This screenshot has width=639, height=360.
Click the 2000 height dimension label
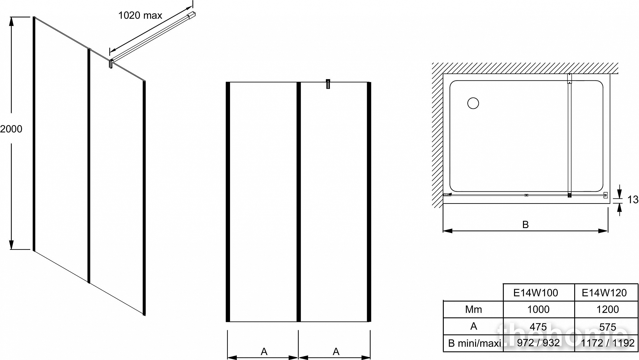click(x=11, y=129)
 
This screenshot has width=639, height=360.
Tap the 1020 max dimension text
click(x=140, y=15)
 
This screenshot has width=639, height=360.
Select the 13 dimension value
click(x=633, y=200)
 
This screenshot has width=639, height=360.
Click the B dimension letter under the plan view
click(x=526, y=225)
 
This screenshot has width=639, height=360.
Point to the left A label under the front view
click(x=264, y=352)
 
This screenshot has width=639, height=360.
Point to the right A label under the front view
click(x=336, y=352)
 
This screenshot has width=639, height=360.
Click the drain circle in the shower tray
click(x=473, y=103)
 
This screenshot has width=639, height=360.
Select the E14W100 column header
click(x=536, y=293)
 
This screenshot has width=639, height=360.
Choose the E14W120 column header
click(x=604, y=293)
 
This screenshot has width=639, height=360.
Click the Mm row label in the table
click(x=473, y=309)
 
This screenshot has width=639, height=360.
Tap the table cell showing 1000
click(x=538, y=309)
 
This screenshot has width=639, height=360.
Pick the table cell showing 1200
click(x=608, y=309)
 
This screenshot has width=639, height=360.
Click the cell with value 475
click(x=538, y=326)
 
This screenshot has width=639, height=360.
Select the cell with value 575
click(x=608, y=326)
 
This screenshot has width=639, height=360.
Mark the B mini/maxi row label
click(x=474, y=343)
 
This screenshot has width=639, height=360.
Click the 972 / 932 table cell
click(x=538, y=343)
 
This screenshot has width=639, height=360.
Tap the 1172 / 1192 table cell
click(x=608, y=343)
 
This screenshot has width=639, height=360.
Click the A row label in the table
click(x=473, y=326)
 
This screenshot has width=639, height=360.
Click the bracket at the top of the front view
click(x=328, y=84)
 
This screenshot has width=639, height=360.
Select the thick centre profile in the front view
click(x=299, y=202)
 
